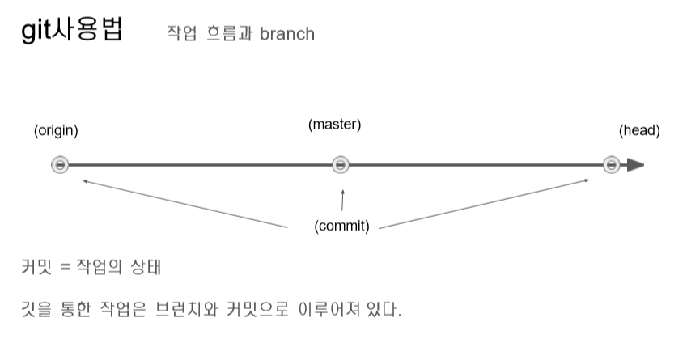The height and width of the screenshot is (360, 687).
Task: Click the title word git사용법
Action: point(72,33)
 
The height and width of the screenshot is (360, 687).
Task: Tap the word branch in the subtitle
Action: point(287,35)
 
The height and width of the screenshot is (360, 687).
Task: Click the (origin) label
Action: point(56,131)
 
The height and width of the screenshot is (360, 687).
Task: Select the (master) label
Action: point(334,125)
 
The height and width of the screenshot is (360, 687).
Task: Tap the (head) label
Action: point(639,131)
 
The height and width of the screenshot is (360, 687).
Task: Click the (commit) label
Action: point(341,226)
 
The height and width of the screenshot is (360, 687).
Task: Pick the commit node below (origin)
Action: point(59,165)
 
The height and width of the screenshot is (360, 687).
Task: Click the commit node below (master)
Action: point(341,165)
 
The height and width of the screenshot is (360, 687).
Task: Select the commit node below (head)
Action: point(612,165)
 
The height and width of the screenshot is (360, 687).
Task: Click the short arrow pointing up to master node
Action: point(342,201)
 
